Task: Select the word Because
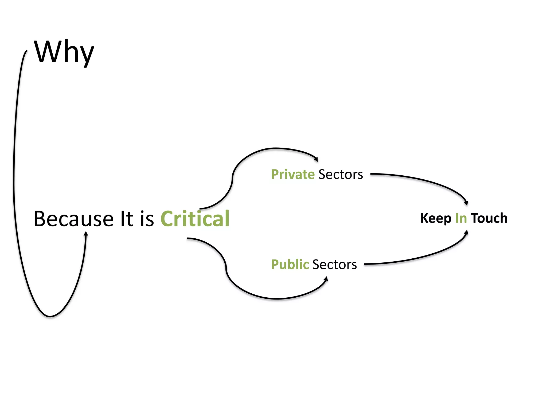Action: coord(73,219)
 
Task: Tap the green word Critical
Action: coord(195,219)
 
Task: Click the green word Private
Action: coord(293,175)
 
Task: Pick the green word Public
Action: coord(290,265)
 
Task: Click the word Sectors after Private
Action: coord(341,175)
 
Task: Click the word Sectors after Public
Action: coord(334,265)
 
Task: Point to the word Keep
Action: coord(436,218)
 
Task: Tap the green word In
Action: coord(461,218)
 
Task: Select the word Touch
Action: coord(489,218)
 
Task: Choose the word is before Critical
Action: coord(147,219)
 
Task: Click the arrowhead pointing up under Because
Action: coord(86,234)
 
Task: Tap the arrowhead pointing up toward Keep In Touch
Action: coord(466,232)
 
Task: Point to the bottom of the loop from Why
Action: coord(50,317)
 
